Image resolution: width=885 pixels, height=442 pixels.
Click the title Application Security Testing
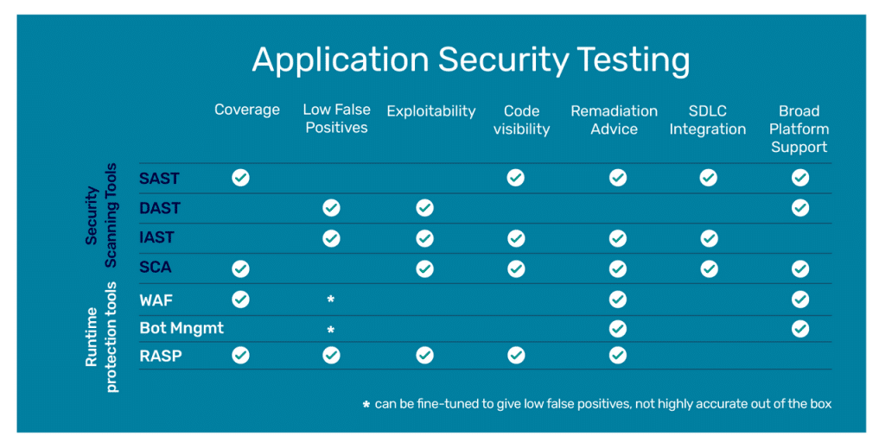[x=470, y=60]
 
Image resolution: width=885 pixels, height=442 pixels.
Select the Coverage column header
[x=247, y=110]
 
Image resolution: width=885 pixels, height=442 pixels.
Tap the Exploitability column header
[x=430, y=111]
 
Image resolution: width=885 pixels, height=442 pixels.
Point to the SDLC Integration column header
[x=707, y=120]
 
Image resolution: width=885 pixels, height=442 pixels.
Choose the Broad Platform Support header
[x=799, y=129]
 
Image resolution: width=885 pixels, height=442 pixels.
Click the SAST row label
[x=159, y=179]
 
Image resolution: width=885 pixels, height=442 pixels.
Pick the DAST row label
[x=160, y=208]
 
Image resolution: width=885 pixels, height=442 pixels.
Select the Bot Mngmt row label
[x=181, y=328]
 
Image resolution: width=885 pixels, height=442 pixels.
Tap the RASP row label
[x=161, y=355]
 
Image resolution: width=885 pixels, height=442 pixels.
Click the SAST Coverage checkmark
[x=240, y=178]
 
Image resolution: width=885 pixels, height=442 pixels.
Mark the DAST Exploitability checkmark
[x=423, y=208]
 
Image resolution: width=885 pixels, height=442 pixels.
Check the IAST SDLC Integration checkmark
[x=709, y=238]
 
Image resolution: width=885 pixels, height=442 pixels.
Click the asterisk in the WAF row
[x=331, y=300]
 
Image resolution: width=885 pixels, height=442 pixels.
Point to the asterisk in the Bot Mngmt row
[x=331, y=330]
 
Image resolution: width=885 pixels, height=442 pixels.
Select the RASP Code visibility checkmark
[x=516, y=355]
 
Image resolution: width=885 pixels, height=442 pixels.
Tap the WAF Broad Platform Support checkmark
[x=800, y=300]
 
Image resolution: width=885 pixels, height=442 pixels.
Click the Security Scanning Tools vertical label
[x=100, y=216]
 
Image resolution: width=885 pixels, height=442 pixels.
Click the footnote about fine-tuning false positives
[x=596, y=404]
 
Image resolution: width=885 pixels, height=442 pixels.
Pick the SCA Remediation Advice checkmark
[x=617, y=268]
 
